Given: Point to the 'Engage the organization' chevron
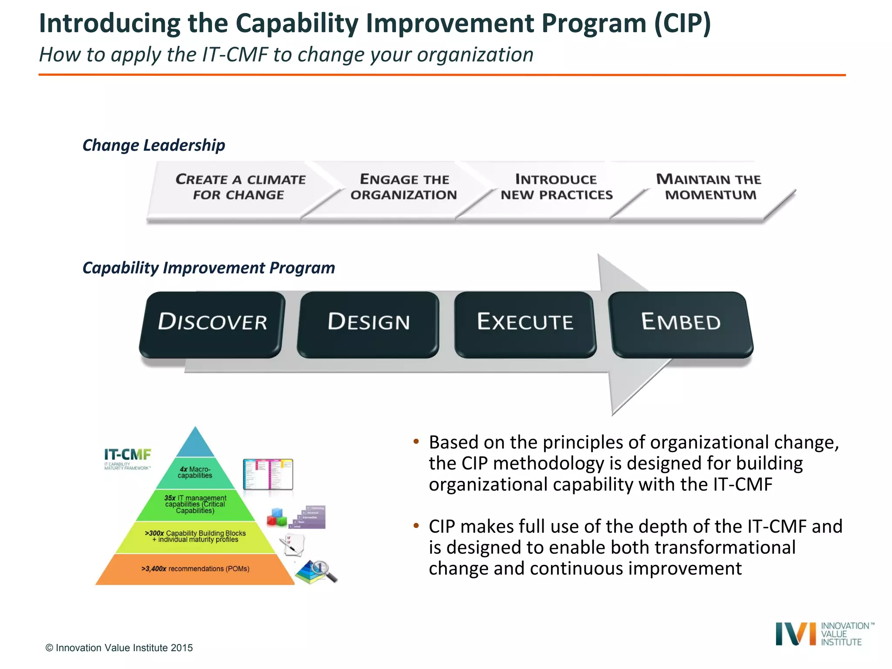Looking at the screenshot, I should point(404,187).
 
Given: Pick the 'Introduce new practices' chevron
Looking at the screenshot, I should point(556,187).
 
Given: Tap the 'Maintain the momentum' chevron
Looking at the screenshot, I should point(709,187).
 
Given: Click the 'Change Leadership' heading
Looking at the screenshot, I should point(154,145).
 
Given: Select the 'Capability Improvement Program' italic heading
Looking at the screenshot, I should point(209,268).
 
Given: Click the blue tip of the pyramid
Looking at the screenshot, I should point(195,444).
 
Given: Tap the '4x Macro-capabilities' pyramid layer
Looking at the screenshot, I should point(195,473).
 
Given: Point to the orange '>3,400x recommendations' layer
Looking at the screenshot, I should point(195,569).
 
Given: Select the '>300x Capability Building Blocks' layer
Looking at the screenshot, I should point(195,537).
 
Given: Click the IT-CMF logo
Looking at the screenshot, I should point(127,459).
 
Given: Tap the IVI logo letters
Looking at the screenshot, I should point(795,634).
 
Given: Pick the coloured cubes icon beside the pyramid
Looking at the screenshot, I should point(277,517).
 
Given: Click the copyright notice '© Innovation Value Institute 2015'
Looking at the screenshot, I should point(119,648).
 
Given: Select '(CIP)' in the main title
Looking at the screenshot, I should point(682,24).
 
